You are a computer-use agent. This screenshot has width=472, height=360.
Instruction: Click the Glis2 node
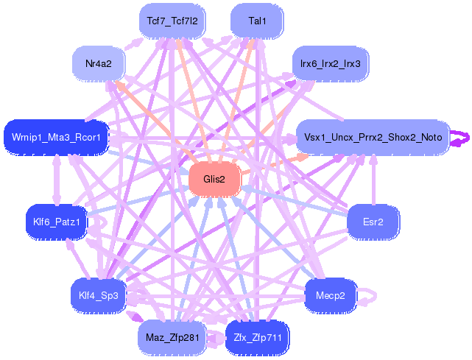point(214,179)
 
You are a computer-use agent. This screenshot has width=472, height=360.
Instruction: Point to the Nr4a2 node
point(98,64)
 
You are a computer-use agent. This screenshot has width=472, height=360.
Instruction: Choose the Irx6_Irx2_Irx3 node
point(330,64)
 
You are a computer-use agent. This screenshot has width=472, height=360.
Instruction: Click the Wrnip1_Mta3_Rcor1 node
point(56,137)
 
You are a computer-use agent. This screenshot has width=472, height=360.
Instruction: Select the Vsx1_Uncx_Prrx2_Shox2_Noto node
point(373,137)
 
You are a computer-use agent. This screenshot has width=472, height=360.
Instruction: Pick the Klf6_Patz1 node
point(57,220)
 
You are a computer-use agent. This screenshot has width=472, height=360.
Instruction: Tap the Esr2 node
point(373,220)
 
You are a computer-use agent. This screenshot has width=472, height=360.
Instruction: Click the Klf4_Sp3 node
point(98,296)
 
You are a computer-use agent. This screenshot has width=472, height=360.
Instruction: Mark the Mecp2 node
point(330,296)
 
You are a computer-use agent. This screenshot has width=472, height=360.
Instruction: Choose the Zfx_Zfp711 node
point(258,337)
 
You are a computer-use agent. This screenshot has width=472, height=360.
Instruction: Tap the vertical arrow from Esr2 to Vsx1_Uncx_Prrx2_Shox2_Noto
point(373,180)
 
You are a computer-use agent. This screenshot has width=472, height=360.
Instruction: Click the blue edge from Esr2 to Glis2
point(295,200)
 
